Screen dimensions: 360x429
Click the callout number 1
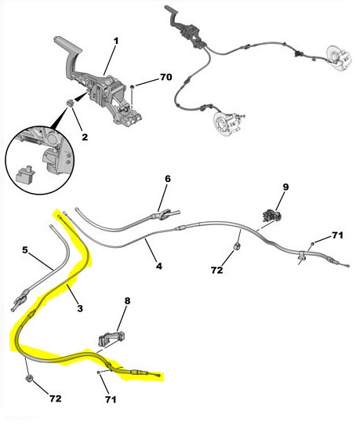(x=116, y=42)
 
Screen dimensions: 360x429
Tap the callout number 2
(x=85, y=137)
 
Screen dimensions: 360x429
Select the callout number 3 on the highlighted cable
(x=79, y=309)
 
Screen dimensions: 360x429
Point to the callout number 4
(x=159, y=266)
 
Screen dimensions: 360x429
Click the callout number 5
(x=25, y=250)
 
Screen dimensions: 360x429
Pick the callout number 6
(x=168, y=179)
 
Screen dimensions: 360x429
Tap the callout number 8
(x=127, y=301)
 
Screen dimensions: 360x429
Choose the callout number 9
(x=285, y=187)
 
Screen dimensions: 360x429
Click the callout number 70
(x=166, y=77)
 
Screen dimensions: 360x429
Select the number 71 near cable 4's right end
(x=337, y=235)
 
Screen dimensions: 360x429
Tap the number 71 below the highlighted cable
(x=111, y=400)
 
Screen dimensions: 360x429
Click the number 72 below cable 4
(x=217, y=271)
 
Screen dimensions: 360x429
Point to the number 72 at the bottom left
(x=55, y=398)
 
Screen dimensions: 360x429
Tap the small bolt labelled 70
(x=132, y=87)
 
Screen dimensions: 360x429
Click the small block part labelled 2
(x=71, y=104)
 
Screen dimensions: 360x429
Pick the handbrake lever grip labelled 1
(x=67, y=44)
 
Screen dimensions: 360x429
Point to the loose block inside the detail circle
(x=24, y=174)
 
